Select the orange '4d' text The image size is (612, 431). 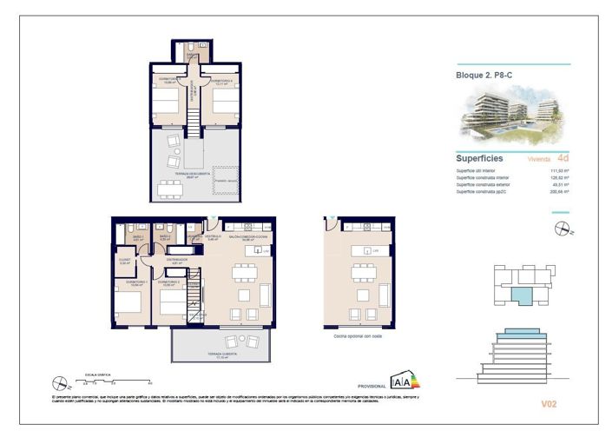(x=563, y=158)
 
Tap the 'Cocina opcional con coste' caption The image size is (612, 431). (x=359, y=335)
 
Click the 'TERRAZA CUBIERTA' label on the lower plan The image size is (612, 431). (x=207, y=355)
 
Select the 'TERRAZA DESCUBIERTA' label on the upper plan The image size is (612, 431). (x=182, y=175)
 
